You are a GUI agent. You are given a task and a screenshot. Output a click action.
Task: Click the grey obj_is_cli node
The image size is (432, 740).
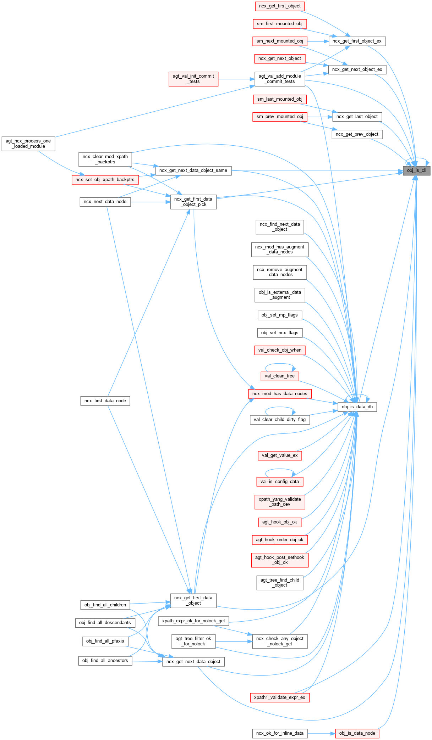click(416, 170)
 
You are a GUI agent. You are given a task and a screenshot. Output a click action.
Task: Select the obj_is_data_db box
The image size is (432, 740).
click(357, 407)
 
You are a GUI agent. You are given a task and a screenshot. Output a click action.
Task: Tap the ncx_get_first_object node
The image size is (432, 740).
click(280, 6)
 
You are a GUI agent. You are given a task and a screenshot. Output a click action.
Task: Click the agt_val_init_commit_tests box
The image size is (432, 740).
click(193, 79)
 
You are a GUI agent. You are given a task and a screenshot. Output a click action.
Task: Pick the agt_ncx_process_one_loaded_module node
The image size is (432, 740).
click(28, 144)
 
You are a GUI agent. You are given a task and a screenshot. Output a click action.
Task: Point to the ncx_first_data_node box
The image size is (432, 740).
click(105, 401)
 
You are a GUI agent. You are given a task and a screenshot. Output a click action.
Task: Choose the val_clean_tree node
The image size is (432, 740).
click(280, 376)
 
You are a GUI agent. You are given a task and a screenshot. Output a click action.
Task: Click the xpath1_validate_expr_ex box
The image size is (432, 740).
click(280, 697)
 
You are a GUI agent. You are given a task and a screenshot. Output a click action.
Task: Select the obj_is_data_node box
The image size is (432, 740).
click(357, 733)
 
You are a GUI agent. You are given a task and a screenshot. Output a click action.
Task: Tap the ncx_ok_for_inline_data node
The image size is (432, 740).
click(280, 733)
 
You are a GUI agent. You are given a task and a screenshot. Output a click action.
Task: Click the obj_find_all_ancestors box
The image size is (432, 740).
click(105, 661)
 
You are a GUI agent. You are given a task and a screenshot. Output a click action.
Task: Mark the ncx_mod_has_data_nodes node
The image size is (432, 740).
click(280, 394)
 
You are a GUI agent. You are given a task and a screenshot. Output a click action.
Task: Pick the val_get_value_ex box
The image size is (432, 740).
click(280, 455)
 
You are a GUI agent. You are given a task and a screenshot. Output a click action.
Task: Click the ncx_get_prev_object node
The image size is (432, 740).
click(357, 134)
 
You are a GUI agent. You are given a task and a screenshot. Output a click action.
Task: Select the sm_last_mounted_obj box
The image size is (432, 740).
click(280, 99)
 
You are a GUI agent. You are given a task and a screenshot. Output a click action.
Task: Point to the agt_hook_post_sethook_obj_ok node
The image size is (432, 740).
click(280, 560)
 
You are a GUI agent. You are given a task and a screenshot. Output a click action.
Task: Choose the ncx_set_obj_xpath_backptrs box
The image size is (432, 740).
click(105, 180)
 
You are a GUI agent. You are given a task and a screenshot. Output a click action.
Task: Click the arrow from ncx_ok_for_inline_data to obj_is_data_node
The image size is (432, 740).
click(321, 733)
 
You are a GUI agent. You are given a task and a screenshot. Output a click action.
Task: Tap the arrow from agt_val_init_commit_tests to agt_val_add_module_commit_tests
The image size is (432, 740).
click(236, 79)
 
